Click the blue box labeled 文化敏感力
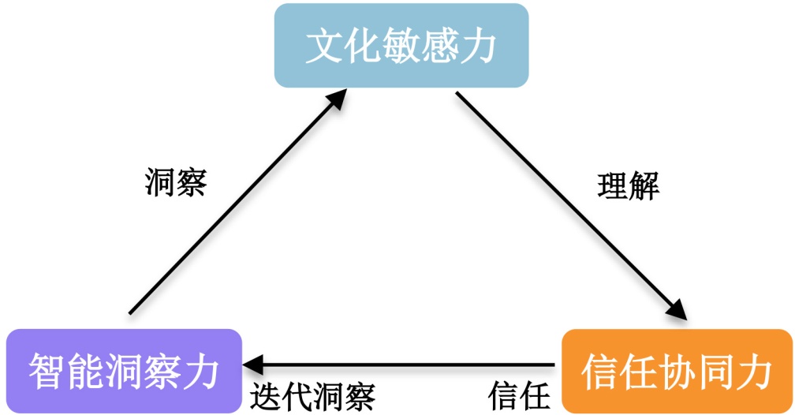[401, 45]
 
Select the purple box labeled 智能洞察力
[123, 370]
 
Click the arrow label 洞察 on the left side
[176, 183]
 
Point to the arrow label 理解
[628, 186]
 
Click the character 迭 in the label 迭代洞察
[267, 394]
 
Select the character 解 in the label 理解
[643, 186]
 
